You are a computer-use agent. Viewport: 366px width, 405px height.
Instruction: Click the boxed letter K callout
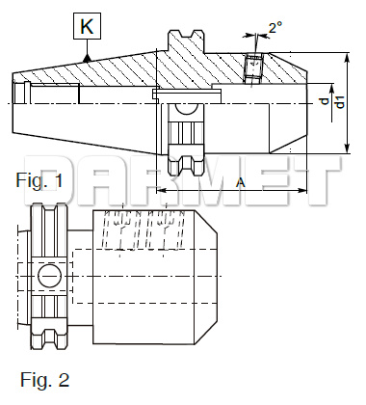point(87,26)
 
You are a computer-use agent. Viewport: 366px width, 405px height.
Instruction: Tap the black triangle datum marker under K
point(87,58)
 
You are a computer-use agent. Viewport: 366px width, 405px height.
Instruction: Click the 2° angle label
point(275,27)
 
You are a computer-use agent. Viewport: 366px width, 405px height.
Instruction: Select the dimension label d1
point(341,102)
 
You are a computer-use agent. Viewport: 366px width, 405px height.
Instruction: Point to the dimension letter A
point(240,182)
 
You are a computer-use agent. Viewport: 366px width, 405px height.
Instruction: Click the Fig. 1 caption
point(39,180)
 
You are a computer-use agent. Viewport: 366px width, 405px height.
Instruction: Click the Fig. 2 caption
point(44,380)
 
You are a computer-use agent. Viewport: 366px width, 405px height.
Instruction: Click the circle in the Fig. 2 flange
point(50,276)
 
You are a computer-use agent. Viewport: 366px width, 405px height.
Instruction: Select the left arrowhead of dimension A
point(160,190)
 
